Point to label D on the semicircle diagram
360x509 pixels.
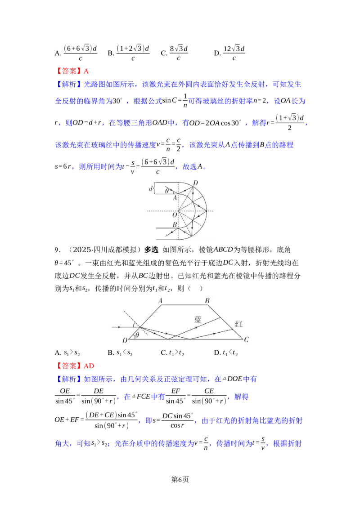tap(195, 183)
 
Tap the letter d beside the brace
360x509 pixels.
tap(150, 188)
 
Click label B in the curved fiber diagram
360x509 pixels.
tap(175, 224)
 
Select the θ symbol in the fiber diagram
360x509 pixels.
tap(167, 191)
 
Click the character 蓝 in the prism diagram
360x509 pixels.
tap(198, 319)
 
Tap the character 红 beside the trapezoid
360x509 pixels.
tap(239, 324)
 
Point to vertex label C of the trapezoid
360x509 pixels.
tap(246, 339)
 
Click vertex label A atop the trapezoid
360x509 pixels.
tap(160, 301)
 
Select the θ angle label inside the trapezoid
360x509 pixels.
tap(137, 335)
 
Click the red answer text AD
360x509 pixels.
tap(89, 366)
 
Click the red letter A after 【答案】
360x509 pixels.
tap(86, 71)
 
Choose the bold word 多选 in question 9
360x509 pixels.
tap(151, 250)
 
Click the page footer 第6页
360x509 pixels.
tap(180, 479)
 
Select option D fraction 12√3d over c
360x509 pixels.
tap(234, 53)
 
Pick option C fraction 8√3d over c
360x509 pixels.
tap(179, 53)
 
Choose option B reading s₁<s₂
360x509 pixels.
tap(120, 353)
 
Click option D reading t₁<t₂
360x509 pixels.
tap(226, 353)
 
